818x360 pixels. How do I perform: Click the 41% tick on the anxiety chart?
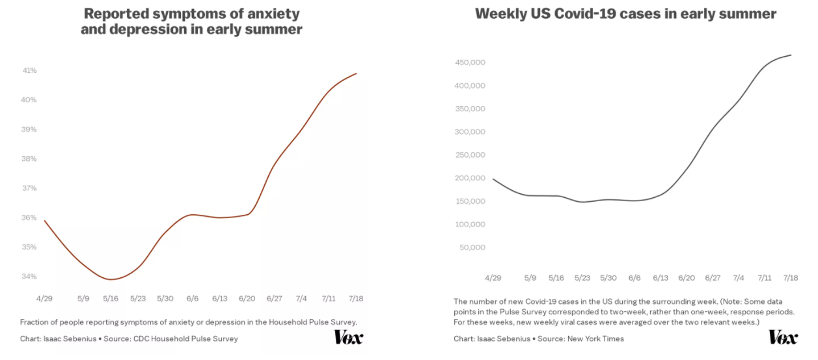[x=30, y=70]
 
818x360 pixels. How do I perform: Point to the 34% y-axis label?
[x=30, y=277]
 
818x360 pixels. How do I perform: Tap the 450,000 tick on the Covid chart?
[x=469, y=62]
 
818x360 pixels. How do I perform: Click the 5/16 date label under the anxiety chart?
[x=110, y=299]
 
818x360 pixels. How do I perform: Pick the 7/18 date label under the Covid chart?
[x=791, y=277]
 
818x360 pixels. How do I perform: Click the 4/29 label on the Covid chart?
[x=493, y=277]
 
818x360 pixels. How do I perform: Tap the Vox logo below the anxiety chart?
[x=348, y=337]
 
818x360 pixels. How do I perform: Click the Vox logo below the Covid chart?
[x=783, y=337]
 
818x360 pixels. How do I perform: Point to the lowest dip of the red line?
[x=111, y=279]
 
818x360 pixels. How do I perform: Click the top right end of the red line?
[x=357, y=74]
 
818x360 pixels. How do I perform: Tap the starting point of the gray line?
[x=493, y=179]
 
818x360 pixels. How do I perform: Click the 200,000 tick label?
[x=469, y=178]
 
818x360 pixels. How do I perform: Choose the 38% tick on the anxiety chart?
[x=30, y=159]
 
